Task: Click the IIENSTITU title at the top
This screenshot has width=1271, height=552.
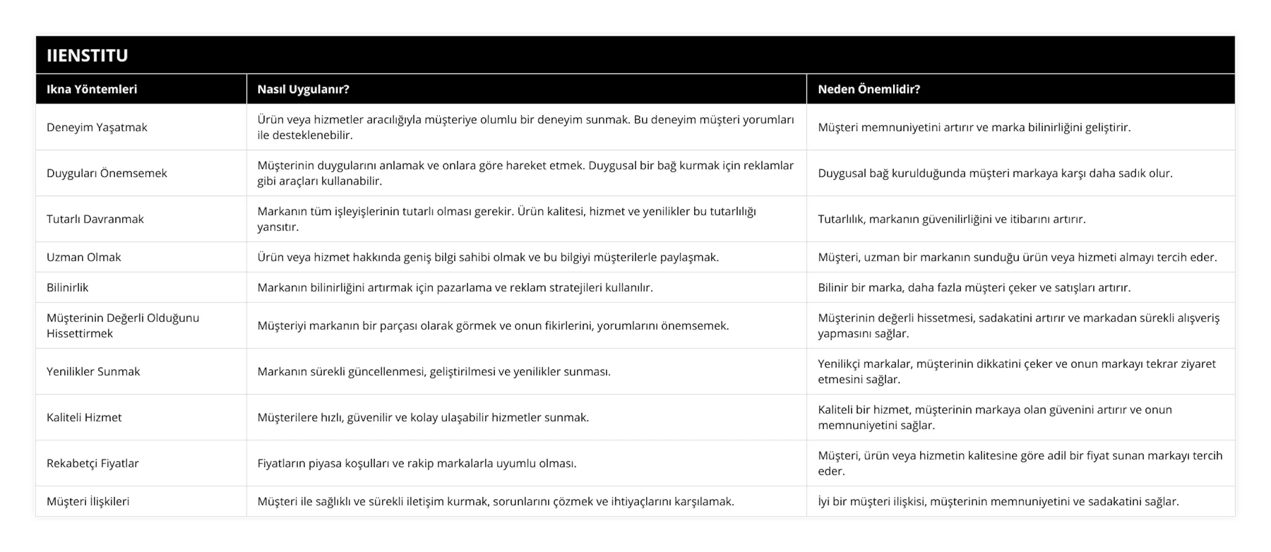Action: point(88,55)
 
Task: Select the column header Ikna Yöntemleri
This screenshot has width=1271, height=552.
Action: point(92,89)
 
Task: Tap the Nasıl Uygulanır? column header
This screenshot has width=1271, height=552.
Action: point(303,89)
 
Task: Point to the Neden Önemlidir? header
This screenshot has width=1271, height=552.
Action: point(869,89)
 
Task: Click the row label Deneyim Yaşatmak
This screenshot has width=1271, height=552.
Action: point(97,127)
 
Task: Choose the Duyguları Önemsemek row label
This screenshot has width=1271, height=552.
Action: point(106,173)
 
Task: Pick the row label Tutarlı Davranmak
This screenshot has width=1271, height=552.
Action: point(95,219)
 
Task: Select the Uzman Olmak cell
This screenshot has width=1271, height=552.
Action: point(83,257)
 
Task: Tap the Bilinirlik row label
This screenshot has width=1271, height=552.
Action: point(67,288)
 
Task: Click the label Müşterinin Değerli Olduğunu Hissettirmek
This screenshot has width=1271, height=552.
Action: point(123,326)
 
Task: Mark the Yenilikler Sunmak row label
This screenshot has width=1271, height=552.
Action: point(93,371)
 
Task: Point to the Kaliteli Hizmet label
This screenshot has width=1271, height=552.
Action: point(84,417)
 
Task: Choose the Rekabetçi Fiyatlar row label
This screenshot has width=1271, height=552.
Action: point(92,463)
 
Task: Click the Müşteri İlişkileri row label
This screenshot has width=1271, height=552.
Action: point(88,502)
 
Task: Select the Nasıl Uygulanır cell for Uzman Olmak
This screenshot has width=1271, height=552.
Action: point(488,257)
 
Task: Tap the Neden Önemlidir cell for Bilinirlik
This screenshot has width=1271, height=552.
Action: point(974,288)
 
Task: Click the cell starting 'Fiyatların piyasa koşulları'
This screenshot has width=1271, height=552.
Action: point(417,463)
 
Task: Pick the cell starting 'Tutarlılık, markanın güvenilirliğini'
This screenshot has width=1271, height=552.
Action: point(951,219)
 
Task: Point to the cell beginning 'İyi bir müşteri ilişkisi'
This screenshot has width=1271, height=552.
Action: point(998,502)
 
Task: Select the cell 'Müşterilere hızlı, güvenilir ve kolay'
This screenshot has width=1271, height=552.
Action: point(423,417)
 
